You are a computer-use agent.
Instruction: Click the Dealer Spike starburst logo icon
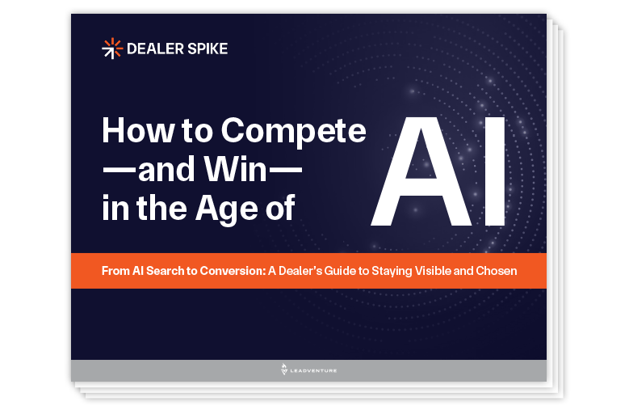click(112, 49)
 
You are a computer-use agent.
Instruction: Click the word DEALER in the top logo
click(149, 49)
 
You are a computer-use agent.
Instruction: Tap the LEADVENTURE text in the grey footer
click(314, 370)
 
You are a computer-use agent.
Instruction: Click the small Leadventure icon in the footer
click(284, 370)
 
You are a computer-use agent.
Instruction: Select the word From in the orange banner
click(115, 271)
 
